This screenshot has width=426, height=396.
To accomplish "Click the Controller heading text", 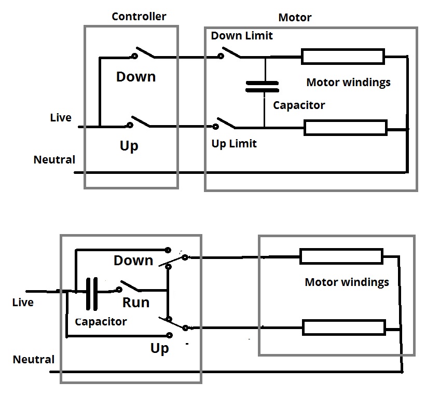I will click(x=139, y=17).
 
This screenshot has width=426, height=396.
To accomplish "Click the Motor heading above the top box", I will click(x=295, y=18).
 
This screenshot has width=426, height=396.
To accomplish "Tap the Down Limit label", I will click(x=242, y=36).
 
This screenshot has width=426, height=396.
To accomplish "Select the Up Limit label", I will click(x=234, y=143).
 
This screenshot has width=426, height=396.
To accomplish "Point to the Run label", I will click(x=136, y=302).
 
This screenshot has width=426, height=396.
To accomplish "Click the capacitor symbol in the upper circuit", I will click(x=262, y=86).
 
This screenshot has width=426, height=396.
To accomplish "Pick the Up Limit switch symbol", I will click(x=226, y=124).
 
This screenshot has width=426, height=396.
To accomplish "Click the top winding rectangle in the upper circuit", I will click(x=343, y=57).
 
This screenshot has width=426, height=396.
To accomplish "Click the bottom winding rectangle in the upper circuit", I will click(x=345, y=127).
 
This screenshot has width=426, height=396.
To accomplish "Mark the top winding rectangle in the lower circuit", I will click(x=341, y=256).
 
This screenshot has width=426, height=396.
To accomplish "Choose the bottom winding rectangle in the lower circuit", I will click(x=344, y=327).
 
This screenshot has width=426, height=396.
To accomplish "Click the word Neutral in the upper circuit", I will click(x=54, y=159).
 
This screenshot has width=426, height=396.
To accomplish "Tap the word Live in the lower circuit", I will click(x=23, y=302).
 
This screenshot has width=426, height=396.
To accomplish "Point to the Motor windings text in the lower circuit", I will click(x=347, y=282).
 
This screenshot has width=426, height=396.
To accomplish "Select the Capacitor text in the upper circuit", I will click(x=299, y=105).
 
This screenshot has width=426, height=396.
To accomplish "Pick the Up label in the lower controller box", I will click(x=160, y=348).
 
